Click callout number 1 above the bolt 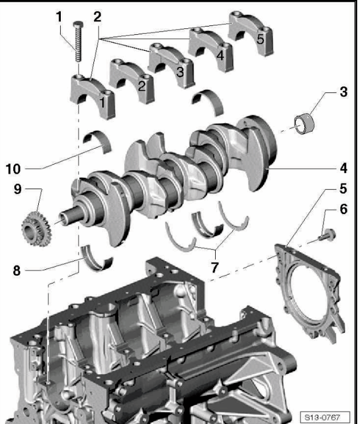click(x=59, y=17)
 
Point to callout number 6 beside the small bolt click(x=343, y=211)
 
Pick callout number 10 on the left click(x=14, y=165)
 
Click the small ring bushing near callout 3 click(x=304, y=123)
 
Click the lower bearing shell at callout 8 click(x=97, y=259)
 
